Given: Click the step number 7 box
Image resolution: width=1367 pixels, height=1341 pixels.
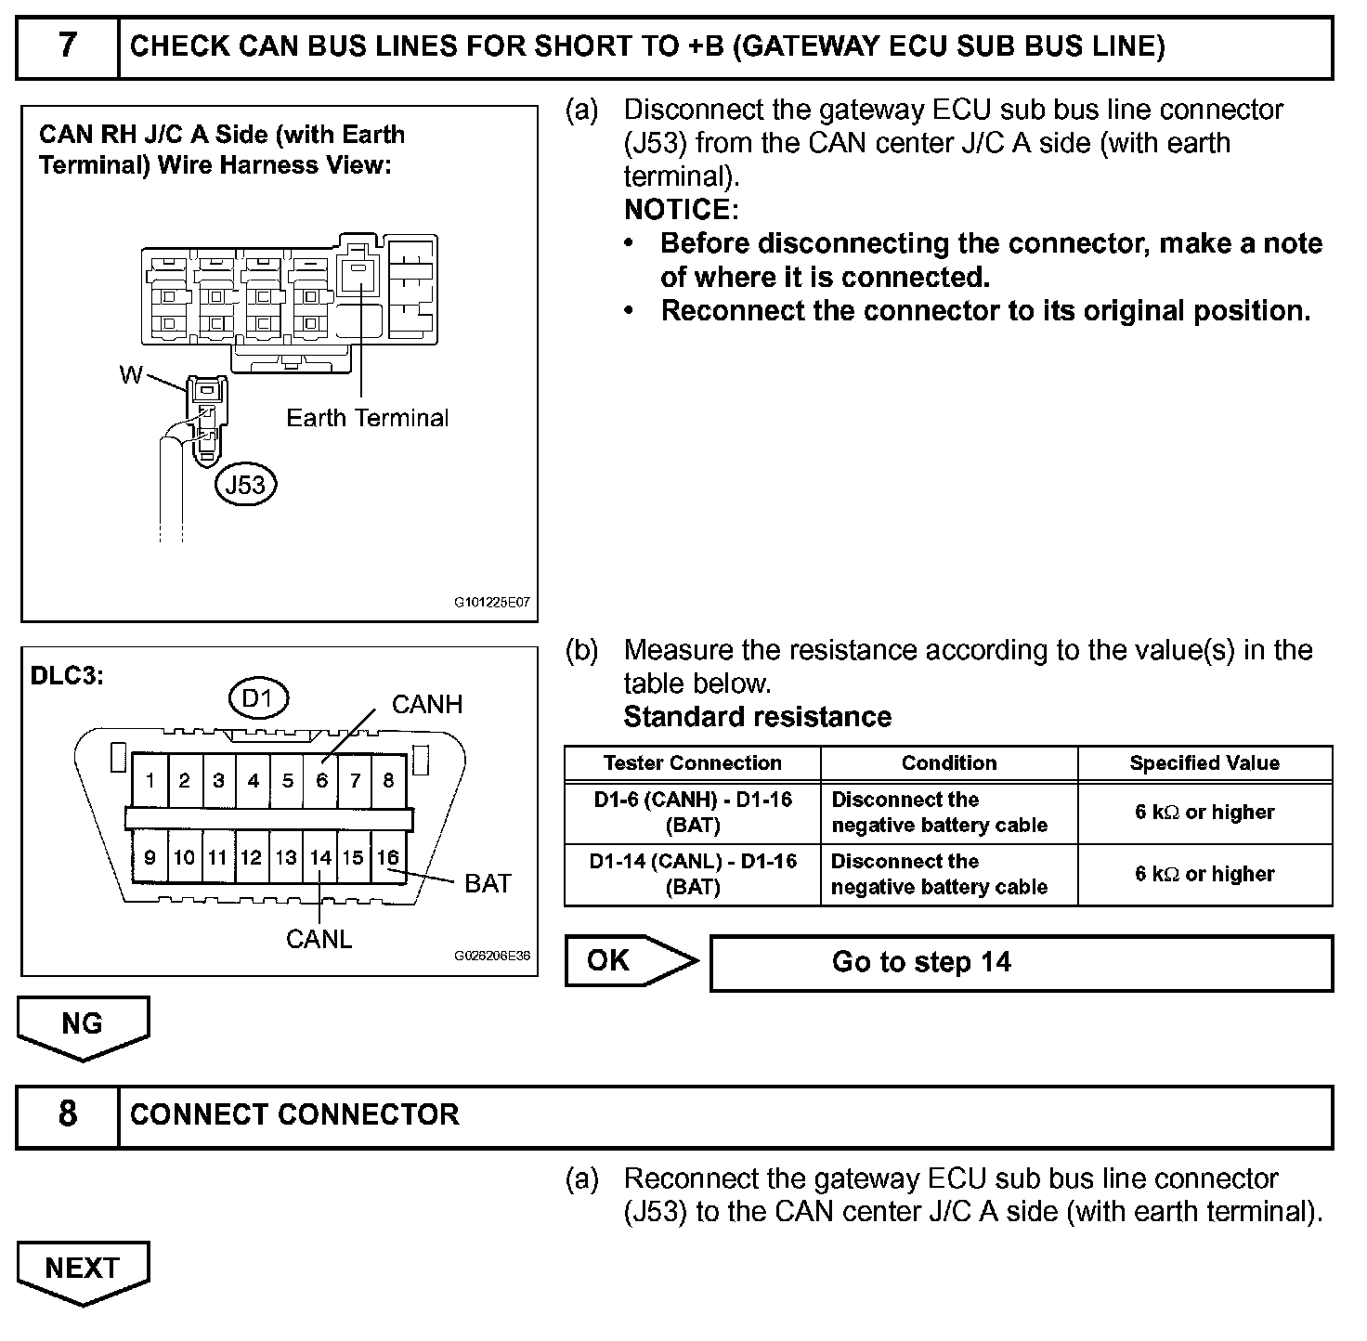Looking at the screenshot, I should pyautogui.click(x=68, y=46).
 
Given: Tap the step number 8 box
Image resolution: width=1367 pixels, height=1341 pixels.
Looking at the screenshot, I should pyautogui.click(x=68, y=1114).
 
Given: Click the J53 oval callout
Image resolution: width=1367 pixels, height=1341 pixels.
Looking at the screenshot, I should pyautogui.click(x=246, y=484).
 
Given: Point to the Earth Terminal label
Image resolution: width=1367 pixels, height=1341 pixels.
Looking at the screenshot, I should pyautogui.click(x=367, y=418).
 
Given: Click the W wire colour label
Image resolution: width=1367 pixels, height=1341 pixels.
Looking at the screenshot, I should pyautogui.click(x=130, y=374).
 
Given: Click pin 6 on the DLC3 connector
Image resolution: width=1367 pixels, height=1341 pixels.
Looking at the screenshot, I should pyautogui.click(x=321, y=780).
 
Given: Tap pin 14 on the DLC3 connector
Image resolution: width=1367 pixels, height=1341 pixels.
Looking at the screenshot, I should pyautogui.click(x=320, y=857).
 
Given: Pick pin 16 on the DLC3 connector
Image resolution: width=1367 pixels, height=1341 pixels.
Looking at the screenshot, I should pyautogui.click(x=387, y=857).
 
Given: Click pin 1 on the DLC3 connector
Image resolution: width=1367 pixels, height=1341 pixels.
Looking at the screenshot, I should pyautogui.click(x=150, y=780).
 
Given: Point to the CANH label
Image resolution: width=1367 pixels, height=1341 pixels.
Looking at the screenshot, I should pyautogui.click(x=426, y=704).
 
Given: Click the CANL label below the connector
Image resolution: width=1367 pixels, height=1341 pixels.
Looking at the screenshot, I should pyautogui.click(x=319, y=939).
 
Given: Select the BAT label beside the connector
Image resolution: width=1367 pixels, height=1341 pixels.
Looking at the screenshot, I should pyautogui.click(x=488, y=883).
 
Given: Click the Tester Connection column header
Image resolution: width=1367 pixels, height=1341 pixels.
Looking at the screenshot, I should pyautogui.click(x=692, y=763).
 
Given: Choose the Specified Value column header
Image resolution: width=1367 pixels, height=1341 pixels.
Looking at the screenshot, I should pyautogui.click(x=1204, y=763).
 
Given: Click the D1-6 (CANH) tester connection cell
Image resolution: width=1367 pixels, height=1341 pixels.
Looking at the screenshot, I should pyautogui.click(x=692, y=813).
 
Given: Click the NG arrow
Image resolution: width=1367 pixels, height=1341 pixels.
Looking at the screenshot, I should pyautogui.click(x=82, y=1025).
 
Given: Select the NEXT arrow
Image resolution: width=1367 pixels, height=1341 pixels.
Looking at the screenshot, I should pyautogui.click(x=82, y=1269).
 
